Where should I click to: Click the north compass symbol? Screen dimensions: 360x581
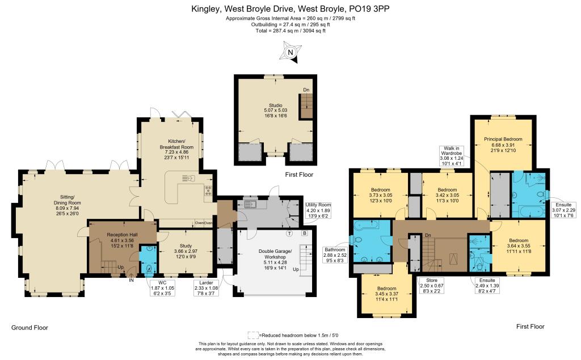290,53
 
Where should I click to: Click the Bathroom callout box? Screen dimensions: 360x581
334,256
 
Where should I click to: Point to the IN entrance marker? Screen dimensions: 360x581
132,279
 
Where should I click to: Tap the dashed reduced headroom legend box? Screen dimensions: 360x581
253,335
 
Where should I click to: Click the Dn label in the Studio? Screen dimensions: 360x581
306,90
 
